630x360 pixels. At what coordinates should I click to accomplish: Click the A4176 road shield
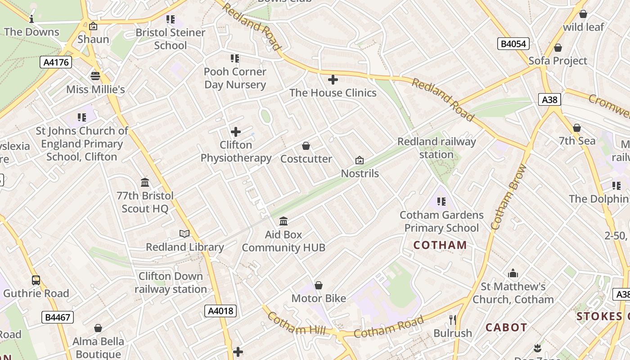tap(57, 62)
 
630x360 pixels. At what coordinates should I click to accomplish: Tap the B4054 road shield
tap(513, 44)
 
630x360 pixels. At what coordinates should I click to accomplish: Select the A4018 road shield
tap(220, 310)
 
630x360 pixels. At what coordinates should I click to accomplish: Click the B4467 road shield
tap(58, 317)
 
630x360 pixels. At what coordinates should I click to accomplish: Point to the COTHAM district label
tap(440, 245)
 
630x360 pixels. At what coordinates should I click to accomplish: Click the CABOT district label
tap(506, 328)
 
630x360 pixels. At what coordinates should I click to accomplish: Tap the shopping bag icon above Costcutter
tap(306, 146)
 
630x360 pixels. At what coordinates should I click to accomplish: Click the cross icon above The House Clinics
tap(333, 80)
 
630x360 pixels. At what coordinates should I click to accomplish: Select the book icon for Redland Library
tap(184, 234)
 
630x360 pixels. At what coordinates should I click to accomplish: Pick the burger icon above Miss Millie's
tap(95, 76)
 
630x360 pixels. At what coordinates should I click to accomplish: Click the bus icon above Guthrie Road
tap(36, 280)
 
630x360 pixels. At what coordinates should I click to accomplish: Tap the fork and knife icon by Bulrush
tap(453, 320)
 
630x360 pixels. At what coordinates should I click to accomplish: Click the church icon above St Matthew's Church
tap(513, 273)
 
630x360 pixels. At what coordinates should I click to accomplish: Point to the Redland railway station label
tap(436, 148)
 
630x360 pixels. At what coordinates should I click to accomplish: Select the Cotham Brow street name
tap(509, 197)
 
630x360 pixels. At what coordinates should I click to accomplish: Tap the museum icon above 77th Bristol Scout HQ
tap(145, 182)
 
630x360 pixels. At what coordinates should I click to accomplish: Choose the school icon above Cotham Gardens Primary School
tap(441, 202)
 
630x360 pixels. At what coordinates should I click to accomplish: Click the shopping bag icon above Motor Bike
tap(319, 285)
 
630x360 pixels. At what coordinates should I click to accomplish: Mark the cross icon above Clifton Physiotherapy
tap(236, 132)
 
